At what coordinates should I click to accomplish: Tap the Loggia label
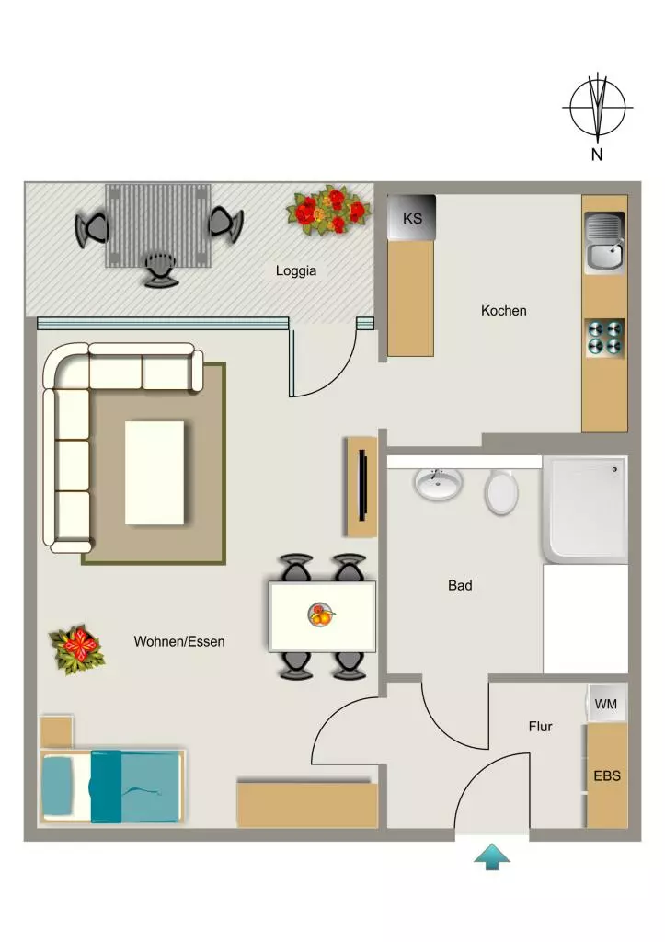(x=295, y=270)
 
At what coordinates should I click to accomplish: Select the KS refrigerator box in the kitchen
(x=411, y=217)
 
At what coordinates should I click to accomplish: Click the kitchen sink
(x=605, y=242)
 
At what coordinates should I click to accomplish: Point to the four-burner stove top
(x=605, y=338)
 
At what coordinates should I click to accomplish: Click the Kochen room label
(x=503, y=311)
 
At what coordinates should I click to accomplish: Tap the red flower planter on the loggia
(x=328, y=210)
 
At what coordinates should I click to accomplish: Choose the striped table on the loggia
(x=158, y=225)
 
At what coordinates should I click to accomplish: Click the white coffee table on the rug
(x=155, y=473)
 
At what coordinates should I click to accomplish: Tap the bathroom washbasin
(x=438, y=484)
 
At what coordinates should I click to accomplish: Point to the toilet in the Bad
(x=501, y=491)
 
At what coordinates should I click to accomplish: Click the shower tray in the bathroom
(x=585, y=510)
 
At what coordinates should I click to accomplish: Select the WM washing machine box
(x=606, y=703)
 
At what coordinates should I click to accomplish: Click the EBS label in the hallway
(x=607, y=775)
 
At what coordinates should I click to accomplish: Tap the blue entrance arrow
(x=492, y=856)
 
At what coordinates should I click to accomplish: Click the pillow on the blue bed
(x=57, y=786)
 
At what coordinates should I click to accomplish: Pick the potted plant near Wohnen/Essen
(x=77, y=649)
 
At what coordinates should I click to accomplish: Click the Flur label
(x=540, y=727)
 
